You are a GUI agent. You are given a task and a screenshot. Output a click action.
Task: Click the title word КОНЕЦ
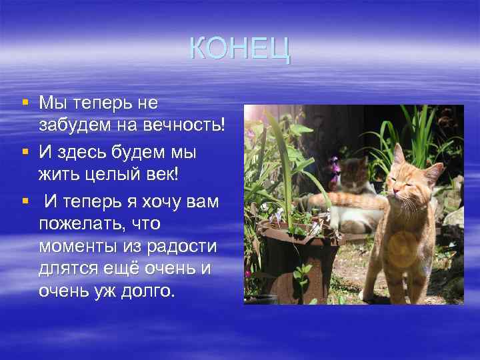[240, 49]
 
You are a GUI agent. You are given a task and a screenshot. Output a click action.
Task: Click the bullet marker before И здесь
[25, 151]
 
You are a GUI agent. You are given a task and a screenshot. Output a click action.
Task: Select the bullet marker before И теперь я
[25, 199]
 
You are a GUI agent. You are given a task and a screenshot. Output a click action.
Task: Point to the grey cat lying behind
[353, 193]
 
